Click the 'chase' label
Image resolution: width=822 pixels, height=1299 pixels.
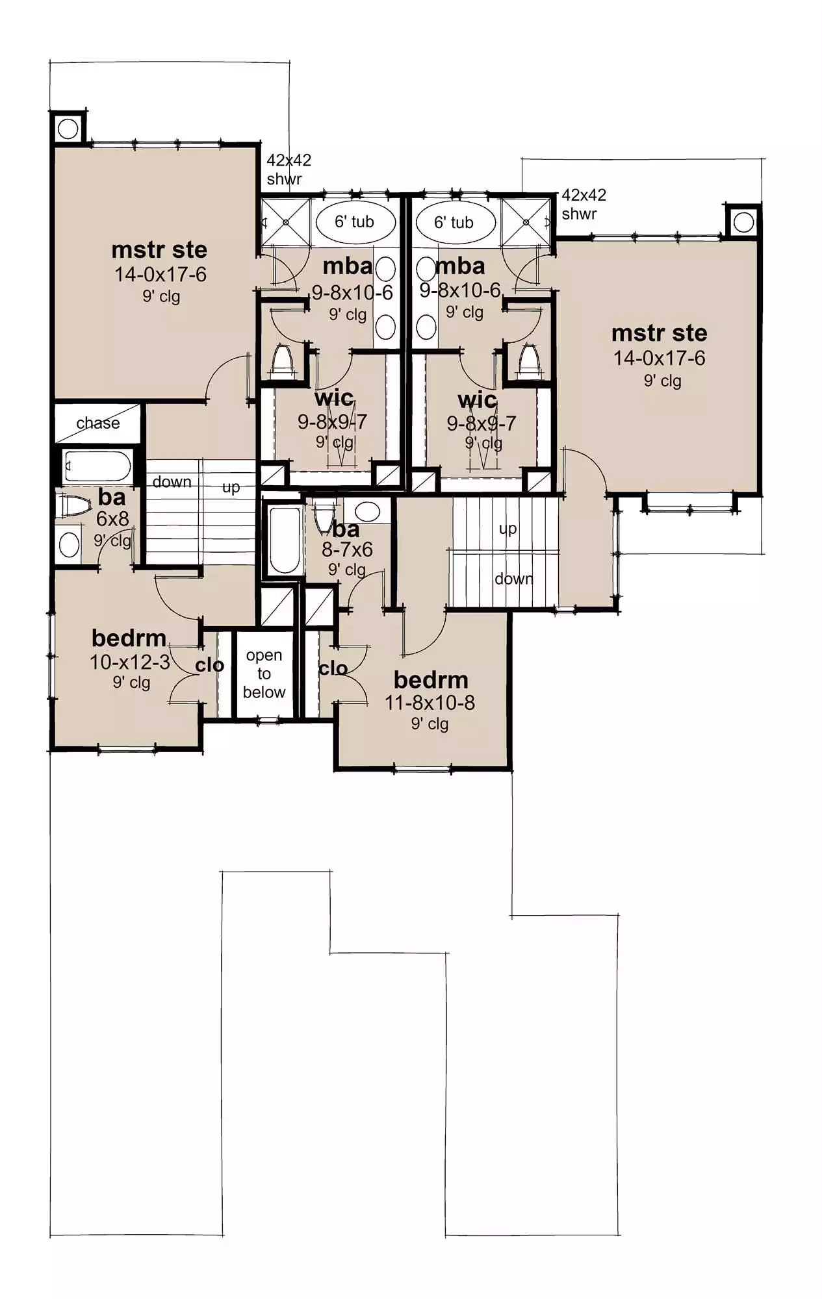click(98, 423)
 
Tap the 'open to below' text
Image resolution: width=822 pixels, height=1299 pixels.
click(264, 674)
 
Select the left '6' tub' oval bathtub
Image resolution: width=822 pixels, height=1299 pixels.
click(355, 222)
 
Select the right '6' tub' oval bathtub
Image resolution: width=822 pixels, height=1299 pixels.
click(454, 222)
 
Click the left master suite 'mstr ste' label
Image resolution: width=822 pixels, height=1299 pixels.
click(159, 249)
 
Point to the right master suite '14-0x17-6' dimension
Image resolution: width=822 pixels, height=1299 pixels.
click(659, 358)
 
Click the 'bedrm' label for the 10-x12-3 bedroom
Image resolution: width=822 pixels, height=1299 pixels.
click(129, 638)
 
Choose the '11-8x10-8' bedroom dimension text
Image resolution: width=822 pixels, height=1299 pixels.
click(430, 702)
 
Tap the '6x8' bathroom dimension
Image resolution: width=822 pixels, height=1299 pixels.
click(112, 519)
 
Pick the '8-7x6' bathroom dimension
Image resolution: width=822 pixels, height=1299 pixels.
click(347, 549)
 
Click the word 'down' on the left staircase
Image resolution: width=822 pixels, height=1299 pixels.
click(172, 482)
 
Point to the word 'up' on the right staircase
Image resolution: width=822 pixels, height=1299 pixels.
click(508, 529)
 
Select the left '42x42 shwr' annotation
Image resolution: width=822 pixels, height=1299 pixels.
click(289, 169)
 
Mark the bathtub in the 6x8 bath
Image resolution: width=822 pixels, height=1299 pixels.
click(98, 466)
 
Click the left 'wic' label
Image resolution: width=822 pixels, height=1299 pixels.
click(334, 397)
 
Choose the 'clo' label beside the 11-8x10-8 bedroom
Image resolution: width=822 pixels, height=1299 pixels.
click(333, 668)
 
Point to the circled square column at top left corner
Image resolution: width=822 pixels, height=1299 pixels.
click(68, 129)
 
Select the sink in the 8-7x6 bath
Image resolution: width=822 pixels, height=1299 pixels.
click(367, 511)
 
